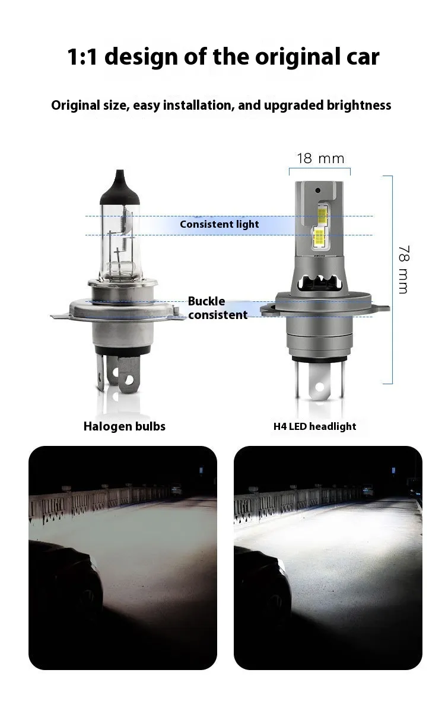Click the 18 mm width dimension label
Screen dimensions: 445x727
click(x=320, y=159)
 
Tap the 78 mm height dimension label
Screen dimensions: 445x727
click(x=403, y=269)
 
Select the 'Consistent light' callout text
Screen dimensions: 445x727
click(x=220, y=224)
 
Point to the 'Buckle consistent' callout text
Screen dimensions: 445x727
click(x=218, y=308)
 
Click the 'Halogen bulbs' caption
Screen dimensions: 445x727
click(x=125, y=426)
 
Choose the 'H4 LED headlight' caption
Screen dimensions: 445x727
click(x=314, y=426)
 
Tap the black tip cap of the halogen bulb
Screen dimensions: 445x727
click(x=120, y=187)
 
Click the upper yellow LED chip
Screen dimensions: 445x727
click(x=322, y=215)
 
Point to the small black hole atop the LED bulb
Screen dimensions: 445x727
click(x=317, y=190)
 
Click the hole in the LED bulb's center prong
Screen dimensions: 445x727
click(x=320, y=387)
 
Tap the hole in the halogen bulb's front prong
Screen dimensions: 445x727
click(x=129, y=380)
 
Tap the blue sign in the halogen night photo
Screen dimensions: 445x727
click(x=201, y=470)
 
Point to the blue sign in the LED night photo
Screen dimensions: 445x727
click(x=394, y=470)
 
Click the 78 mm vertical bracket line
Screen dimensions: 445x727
click(x=392, y=280)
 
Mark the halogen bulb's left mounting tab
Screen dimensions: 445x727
click(x=59, y=316)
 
